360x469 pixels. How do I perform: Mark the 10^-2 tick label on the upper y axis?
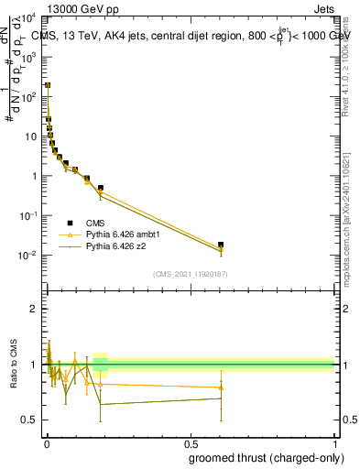(x=29, y=255)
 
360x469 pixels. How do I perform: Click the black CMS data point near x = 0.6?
(x=221, y=245)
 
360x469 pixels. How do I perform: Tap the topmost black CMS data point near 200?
(x=48, y=85)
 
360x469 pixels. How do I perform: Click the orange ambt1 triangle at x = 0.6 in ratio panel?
(x=221, y=387)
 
